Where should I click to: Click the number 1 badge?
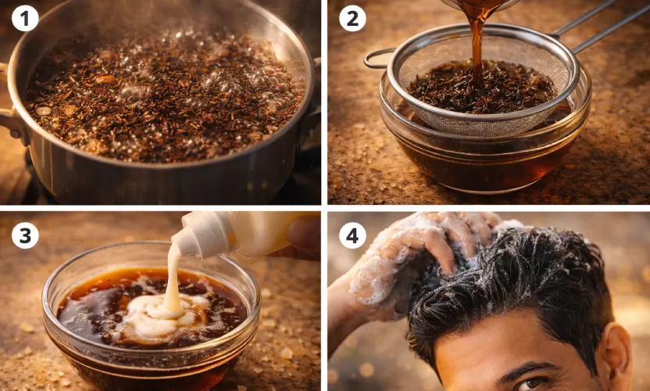click(x=25, y=18)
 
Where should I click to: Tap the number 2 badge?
click(x=352, y=18)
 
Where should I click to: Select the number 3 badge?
click(x=25, y=235)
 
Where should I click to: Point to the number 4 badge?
click(x=352, y=235)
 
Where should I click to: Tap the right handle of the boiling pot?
click(x=312, y=117)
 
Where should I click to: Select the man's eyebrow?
click(x=531, y=368)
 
